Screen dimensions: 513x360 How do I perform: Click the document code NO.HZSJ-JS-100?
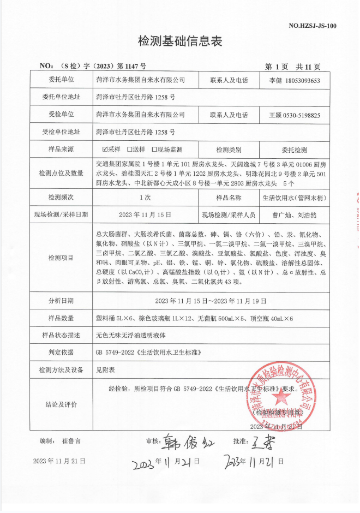(311, 25)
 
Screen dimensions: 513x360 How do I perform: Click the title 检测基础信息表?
(181, 41)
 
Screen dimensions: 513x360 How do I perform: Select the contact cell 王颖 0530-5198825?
(295, 115)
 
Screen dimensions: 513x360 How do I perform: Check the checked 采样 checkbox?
(105, 149)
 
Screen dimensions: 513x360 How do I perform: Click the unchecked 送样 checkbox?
(130, 149)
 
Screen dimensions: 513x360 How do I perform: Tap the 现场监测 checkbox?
(154, 149)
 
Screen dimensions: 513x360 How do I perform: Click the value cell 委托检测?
(295, 149)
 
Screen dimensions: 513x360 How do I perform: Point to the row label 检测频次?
(61, 196)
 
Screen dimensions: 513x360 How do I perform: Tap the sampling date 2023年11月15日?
(145, 214)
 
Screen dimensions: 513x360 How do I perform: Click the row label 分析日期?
(61, 300)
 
